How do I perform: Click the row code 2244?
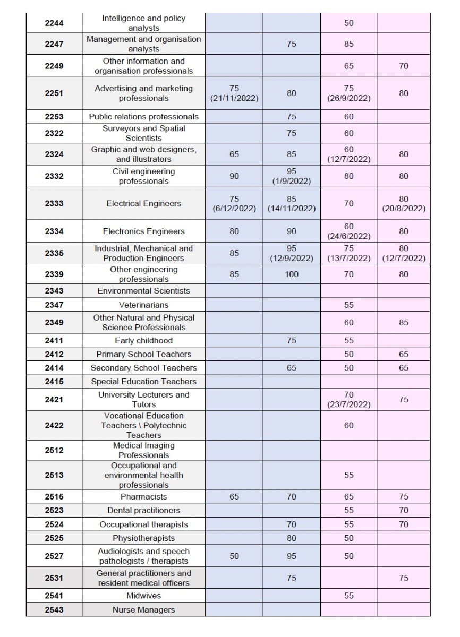[54, 23]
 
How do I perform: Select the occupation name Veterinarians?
[143, 305]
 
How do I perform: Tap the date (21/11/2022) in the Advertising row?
[234, 98]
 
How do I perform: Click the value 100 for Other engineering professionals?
[291, 275]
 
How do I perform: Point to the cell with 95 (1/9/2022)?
[291, 176]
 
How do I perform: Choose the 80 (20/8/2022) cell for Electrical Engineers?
[404, 204]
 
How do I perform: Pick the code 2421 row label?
[54, 400]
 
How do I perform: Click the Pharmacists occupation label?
[143, 497]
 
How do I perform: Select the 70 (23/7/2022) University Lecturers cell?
[348, 400]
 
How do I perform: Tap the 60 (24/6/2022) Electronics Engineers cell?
[348, 231]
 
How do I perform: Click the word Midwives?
[143, 596]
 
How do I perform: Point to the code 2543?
[54, 610]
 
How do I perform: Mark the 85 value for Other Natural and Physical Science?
[404, 322]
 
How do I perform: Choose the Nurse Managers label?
[143, 610]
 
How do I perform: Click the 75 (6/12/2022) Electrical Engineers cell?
[234, 204]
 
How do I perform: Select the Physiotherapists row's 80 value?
[291, 538]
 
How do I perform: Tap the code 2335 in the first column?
[54, 253]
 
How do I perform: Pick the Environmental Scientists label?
[143, 291]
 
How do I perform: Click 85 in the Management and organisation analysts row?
[348, 45]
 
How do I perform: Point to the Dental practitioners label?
[143, 511]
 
